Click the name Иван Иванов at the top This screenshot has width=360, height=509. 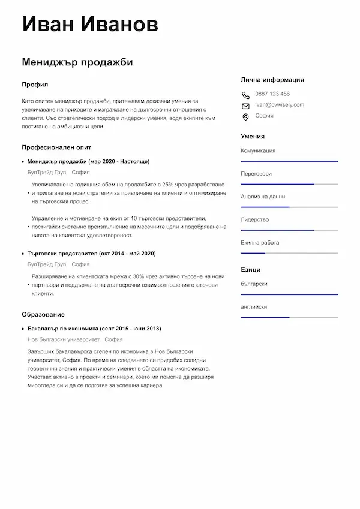point(90,25)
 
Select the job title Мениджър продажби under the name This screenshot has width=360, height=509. point(77,62)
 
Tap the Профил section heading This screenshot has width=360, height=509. point(35,85)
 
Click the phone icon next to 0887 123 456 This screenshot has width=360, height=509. point(245,94)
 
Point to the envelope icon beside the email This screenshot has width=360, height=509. point(245,105)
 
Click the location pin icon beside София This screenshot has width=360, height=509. point(245,116)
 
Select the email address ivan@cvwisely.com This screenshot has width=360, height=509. point(279,104)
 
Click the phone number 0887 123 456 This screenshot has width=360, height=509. point(272,94)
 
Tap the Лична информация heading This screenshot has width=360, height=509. point(272,79)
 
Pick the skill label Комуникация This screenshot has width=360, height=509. point(258,150)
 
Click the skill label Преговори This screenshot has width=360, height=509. point(256,174)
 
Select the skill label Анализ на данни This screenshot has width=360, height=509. point(263,197)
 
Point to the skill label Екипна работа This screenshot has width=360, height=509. point(260,243)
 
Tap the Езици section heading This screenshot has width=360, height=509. point(250,270)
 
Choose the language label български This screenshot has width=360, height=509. point(254,283)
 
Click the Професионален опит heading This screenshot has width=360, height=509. point(56,147)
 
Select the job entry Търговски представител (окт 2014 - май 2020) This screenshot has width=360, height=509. point(92,254)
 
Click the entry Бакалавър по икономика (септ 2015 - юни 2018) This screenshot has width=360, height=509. point(94,329)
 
